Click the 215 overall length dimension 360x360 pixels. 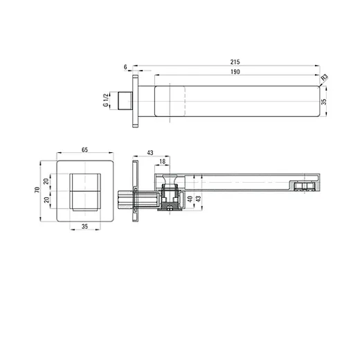235,62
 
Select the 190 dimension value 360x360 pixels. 235,72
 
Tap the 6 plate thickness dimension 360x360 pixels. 125,67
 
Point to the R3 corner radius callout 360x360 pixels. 325,77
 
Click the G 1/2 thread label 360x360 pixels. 106,100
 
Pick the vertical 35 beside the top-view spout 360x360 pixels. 324,102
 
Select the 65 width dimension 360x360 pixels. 84,150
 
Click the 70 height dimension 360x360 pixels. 37,190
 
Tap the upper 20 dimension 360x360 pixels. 46,181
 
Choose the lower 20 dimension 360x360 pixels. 47,199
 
